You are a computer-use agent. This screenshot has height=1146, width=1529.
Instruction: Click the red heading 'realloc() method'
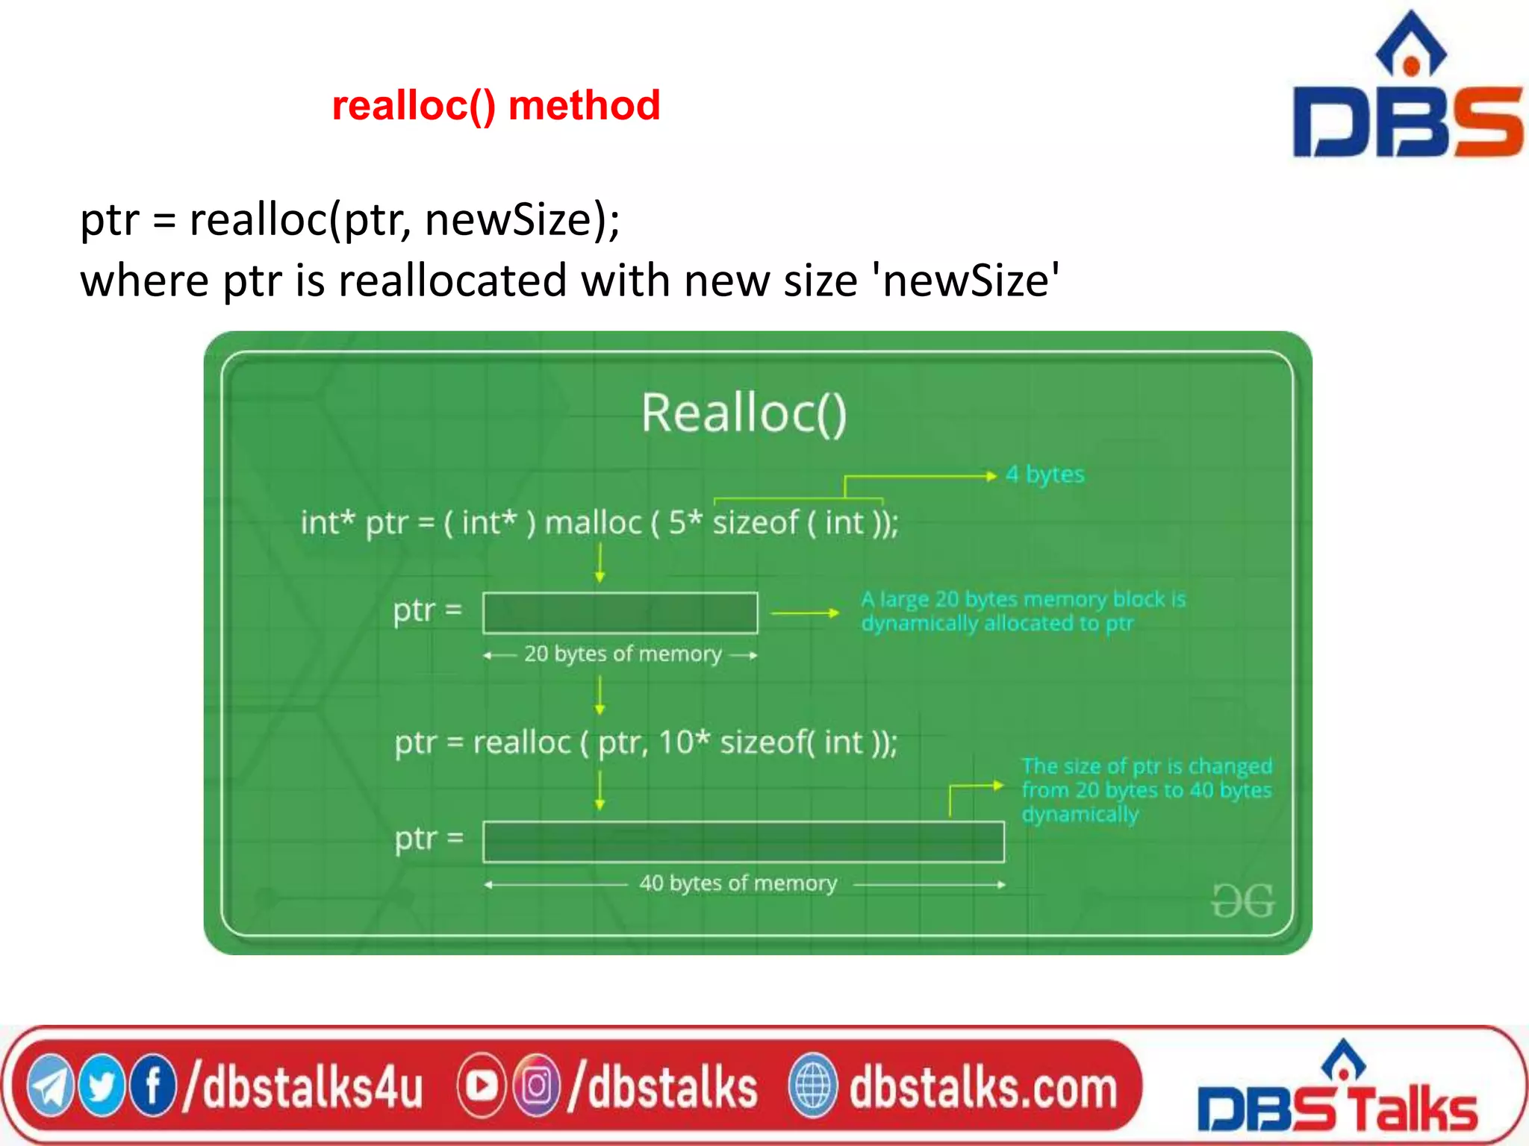tap(496, 105)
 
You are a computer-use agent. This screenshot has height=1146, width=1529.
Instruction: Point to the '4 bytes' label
tap(1044, 475)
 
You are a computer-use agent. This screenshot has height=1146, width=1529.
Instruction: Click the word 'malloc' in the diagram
tap(593, 523)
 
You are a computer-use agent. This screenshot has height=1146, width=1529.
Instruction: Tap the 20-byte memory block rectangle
tap(620, 613)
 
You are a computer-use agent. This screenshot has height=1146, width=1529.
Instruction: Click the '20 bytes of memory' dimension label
tap(622, 654)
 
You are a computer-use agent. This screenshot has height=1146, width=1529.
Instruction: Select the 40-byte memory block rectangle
tap(743, 842)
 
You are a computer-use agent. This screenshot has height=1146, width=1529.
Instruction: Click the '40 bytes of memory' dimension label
tap(738, 883)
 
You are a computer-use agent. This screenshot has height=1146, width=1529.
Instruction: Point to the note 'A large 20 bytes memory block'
tap(1023, 611)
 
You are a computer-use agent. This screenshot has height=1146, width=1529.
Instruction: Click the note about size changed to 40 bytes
tap(1146, 790)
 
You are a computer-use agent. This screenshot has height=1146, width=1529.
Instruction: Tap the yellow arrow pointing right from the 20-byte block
tap(804, 613)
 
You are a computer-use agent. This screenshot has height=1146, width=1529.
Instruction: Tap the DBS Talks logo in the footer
tap(1337, 1092)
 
